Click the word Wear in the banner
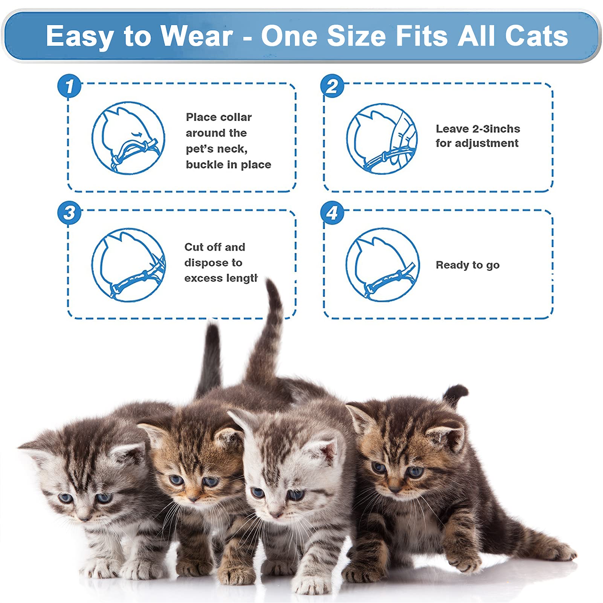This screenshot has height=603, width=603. tap(196, 36)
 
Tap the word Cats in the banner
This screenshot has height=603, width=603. tap(536, 36)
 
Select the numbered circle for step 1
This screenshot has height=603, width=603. tap(69, 86)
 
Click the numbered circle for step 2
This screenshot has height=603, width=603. tap(332, 86)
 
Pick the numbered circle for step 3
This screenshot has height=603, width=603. tap(69, 213)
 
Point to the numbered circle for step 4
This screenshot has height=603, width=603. tap(332, 213)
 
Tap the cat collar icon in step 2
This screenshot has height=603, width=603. tap(382, 139)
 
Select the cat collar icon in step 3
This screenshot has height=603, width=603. tap(128, 264)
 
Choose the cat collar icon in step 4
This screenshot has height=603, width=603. tap(383, 264)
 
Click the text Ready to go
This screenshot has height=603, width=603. tap(467, 265)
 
